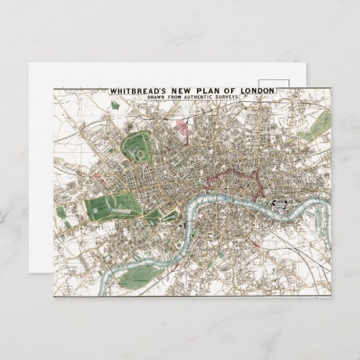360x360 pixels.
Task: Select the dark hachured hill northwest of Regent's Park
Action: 128,123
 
